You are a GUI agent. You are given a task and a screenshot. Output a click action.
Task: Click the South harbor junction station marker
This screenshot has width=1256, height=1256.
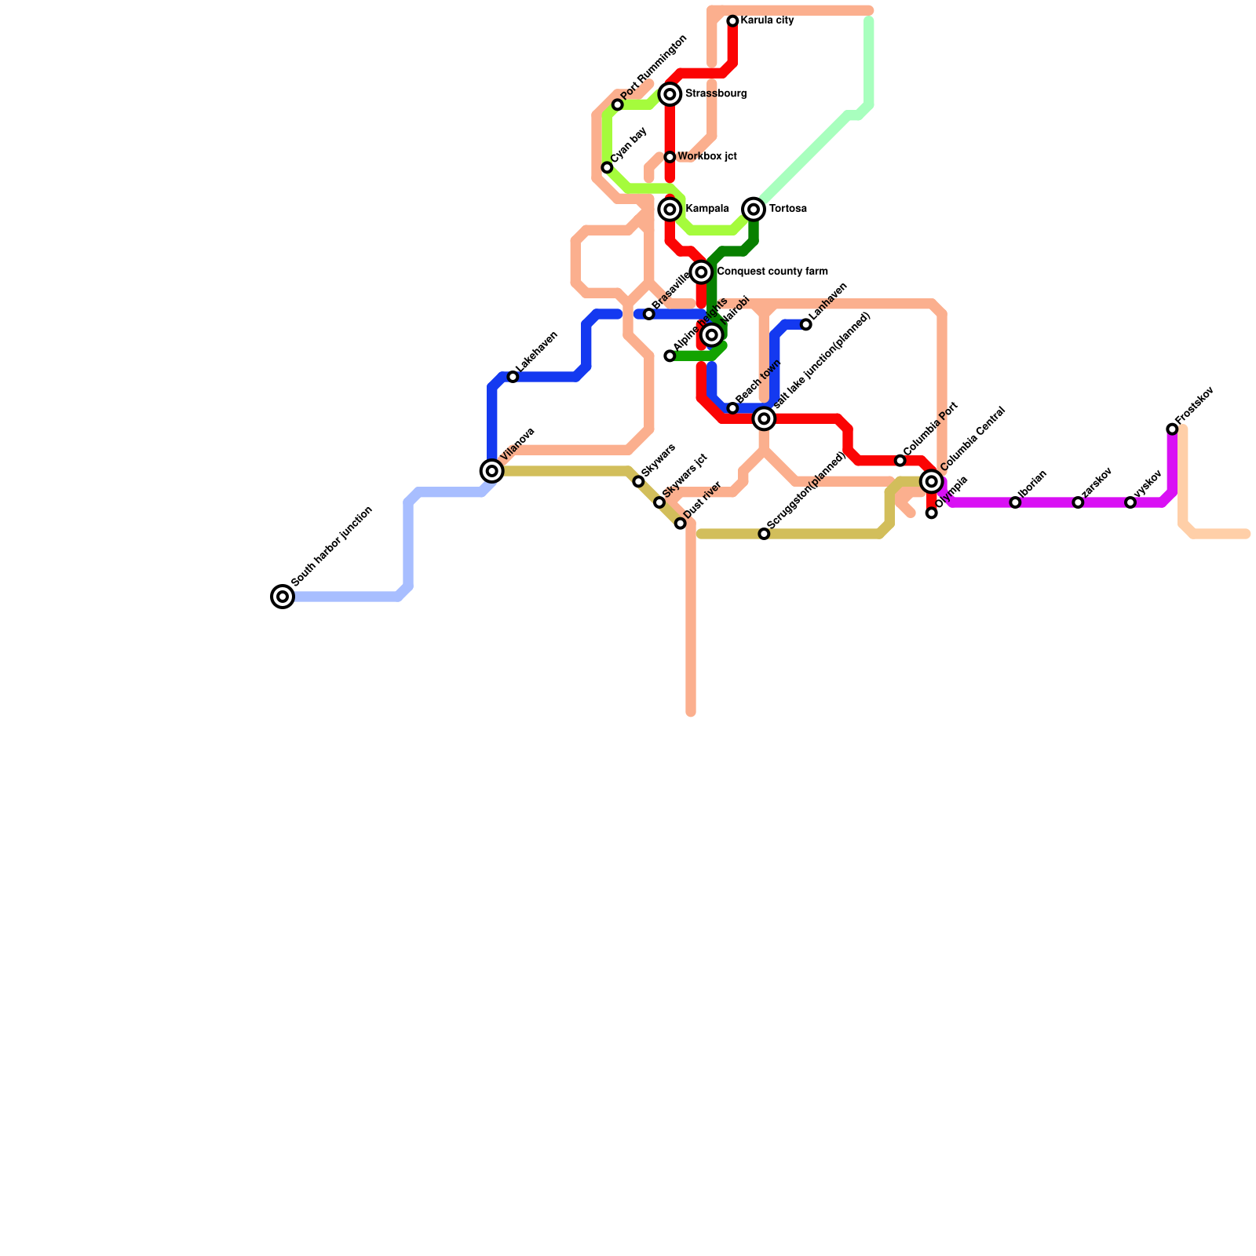coord(283,597)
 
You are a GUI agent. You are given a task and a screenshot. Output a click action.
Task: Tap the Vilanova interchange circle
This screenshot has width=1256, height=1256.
coord(492,471)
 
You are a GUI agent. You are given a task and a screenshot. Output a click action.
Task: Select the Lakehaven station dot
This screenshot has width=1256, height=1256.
coord(513,377)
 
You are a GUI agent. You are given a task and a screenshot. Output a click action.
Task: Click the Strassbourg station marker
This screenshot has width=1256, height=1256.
coord(670,94)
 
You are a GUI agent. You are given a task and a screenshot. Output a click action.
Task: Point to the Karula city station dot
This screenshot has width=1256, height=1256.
coord(732,21)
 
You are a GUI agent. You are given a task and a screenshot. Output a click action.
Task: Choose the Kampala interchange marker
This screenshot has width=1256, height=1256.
coord(670,209)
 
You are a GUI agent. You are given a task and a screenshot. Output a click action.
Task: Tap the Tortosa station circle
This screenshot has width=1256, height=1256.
coord(754,209)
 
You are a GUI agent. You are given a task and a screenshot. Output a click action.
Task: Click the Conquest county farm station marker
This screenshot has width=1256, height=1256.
coord(702,272)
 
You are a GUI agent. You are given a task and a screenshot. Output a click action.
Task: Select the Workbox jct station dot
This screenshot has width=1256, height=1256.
coord(670,157)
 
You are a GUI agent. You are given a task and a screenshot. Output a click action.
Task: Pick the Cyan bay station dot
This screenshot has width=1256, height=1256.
coord(607,167)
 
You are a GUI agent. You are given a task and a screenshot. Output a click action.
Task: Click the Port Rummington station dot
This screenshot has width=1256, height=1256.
coord(618,104)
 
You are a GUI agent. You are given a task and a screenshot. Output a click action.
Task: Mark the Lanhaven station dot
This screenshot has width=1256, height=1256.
coord(806,324)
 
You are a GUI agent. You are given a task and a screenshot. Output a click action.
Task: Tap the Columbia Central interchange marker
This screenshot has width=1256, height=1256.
coord(932,481)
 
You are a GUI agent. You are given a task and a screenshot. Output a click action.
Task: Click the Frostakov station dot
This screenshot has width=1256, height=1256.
coord(1172,429)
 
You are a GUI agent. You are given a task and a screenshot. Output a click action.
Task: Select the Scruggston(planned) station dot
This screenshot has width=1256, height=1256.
coord(764,534)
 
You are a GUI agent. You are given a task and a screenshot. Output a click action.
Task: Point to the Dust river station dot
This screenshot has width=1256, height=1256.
coord(681,523)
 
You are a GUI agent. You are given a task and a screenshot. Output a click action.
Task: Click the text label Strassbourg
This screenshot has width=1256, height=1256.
coord(715,94)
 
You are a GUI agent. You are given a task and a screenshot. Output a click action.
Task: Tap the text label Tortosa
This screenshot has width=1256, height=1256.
coord(788,209)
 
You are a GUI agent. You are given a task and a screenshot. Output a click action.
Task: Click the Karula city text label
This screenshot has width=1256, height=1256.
coord(767,20)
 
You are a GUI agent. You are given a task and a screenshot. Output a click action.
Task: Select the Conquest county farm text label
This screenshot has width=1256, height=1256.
coord(772,272)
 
